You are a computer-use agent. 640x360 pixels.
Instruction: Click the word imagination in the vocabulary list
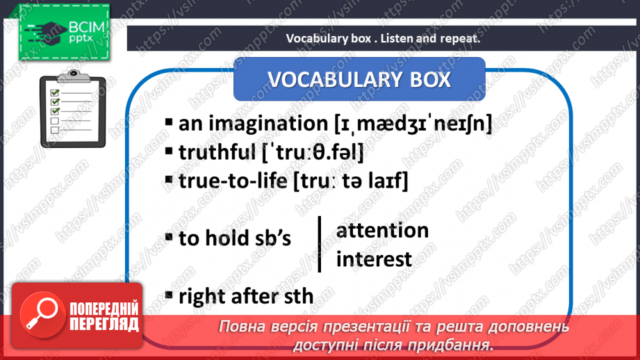pos(268,124)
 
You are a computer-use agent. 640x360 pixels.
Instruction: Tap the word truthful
pos(217,152)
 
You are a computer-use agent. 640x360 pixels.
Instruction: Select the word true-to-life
pos(233,181)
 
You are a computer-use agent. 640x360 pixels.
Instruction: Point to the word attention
pos(382,230)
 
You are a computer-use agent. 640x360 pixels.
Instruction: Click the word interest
pos(374,259)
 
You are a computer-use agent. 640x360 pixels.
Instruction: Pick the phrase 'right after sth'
pos(246,296)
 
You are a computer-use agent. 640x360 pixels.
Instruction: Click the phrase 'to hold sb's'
pos(235,238)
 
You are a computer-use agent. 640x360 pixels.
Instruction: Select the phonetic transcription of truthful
pos(313,153)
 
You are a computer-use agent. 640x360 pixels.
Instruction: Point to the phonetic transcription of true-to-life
pos(351,181)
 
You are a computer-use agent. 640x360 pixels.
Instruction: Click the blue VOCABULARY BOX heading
pos(359,79)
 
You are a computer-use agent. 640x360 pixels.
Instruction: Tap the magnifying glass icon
pos(42,314)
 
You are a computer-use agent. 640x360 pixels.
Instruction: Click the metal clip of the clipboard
pos(74,76)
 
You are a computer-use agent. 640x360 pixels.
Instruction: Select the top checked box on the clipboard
pos(55,92)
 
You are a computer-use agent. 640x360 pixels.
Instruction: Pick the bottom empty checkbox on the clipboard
pos(55,130)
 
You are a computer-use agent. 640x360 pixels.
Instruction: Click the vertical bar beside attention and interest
pos(320,244)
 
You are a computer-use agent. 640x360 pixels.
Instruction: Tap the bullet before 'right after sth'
pos(169,295)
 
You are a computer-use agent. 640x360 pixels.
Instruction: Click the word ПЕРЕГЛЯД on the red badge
pos(104,324)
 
